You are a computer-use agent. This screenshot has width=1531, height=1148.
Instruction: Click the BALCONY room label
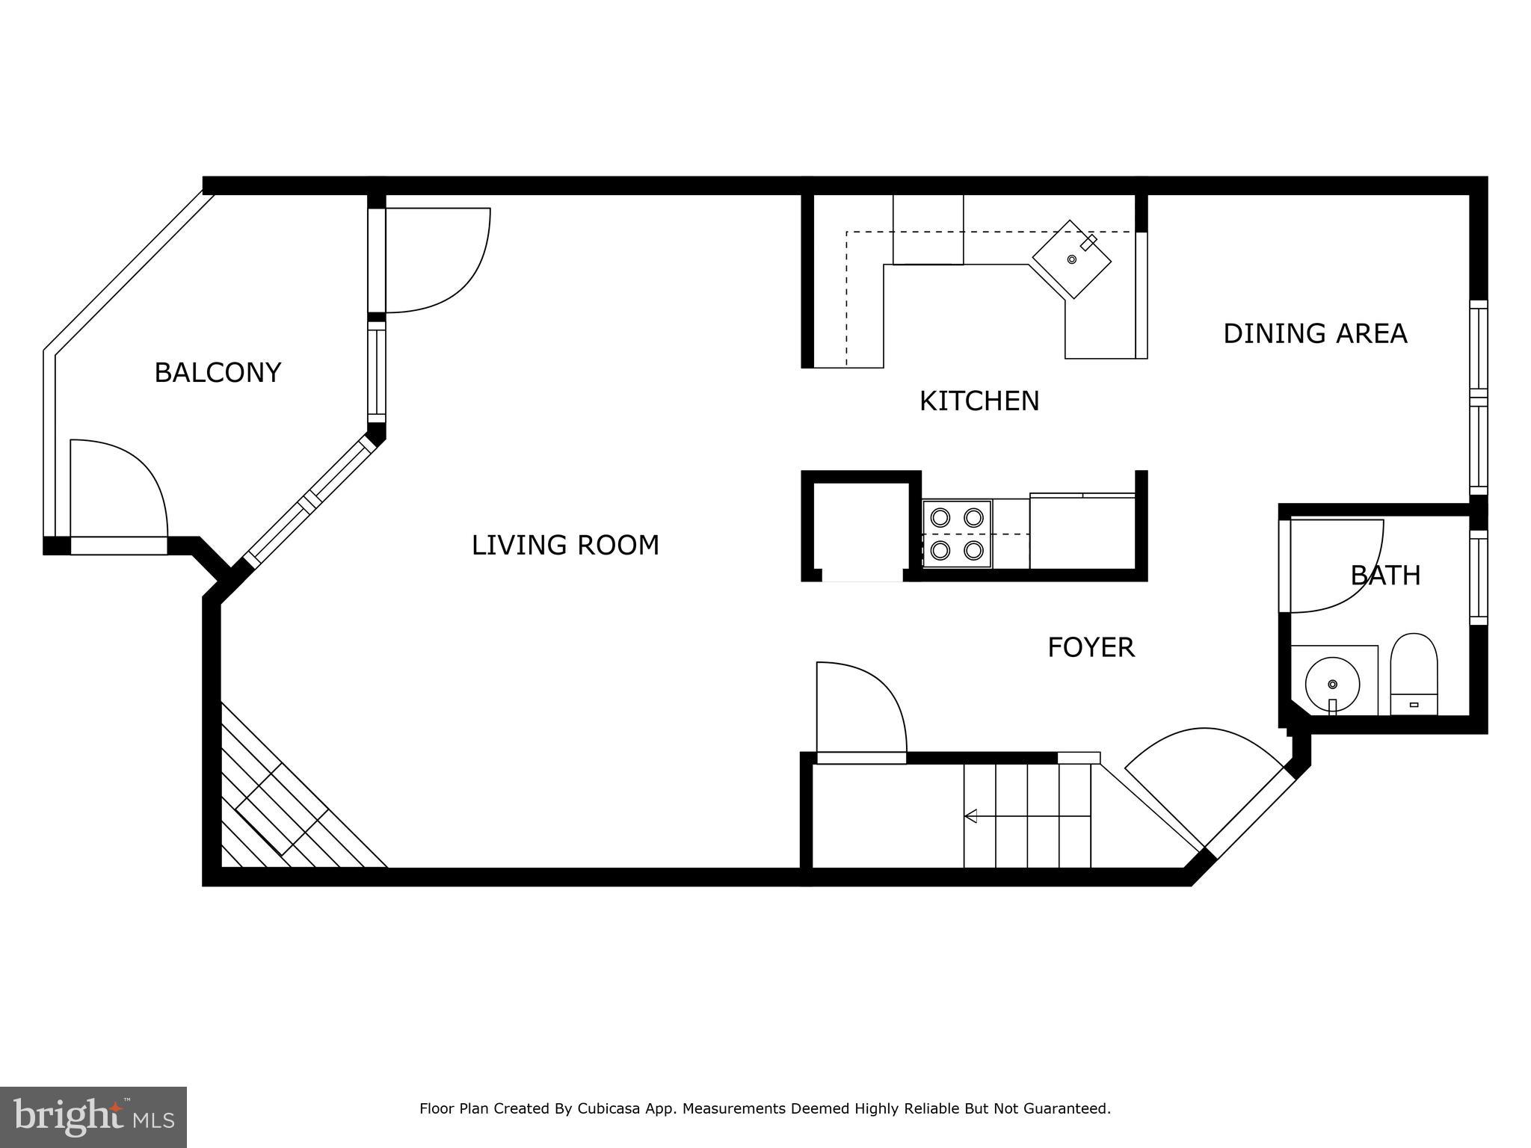218,372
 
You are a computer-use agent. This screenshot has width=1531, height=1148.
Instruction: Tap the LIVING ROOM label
565,545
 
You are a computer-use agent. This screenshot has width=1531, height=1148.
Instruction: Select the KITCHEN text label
979,401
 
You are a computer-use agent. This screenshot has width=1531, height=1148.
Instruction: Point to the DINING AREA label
1315,333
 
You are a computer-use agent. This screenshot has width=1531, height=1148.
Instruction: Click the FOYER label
1091,647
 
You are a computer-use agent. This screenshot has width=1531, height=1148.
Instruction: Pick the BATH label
1385,575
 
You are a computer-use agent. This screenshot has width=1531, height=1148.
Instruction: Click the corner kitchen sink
1071,259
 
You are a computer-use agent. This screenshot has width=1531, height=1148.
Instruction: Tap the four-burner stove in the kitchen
957,534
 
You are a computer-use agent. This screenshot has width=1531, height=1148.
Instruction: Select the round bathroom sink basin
1332,683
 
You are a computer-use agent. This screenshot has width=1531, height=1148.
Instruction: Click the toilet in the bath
1414,673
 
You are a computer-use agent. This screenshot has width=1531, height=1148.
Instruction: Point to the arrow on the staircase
971,815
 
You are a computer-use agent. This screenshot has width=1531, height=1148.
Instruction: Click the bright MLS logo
93,1117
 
